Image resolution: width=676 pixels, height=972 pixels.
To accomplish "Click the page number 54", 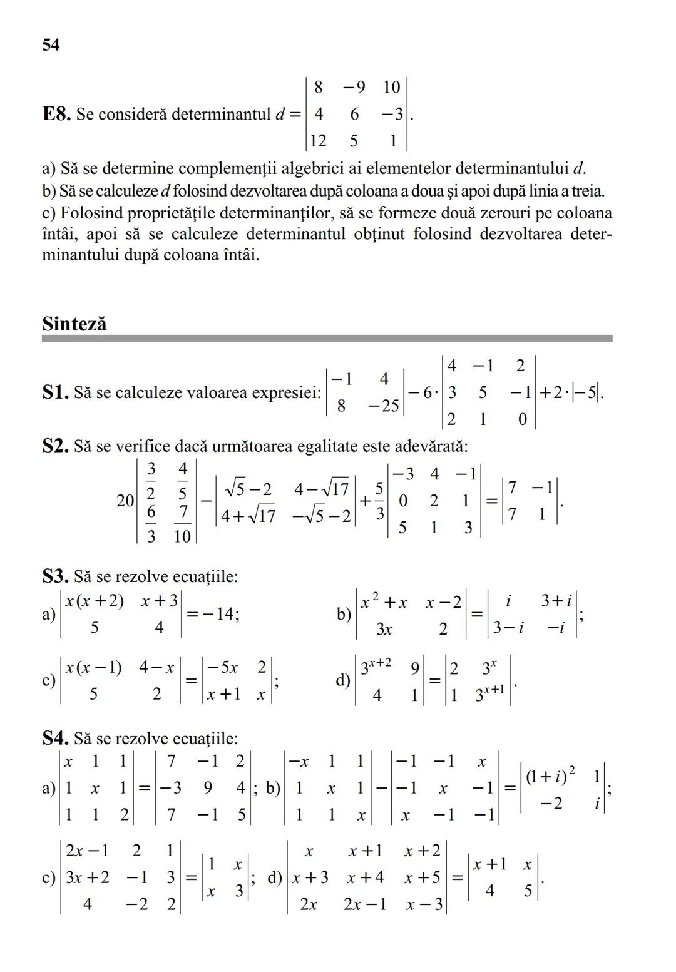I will pos(51,45).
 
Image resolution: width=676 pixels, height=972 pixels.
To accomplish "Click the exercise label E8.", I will pos(56,115).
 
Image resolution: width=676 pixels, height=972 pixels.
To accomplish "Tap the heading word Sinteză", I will pos(74,324).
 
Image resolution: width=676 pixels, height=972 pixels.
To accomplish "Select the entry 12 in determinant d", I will pos(318,141).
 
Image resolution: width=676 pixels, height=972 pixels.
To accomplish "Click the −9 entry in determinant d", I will pos(354,87).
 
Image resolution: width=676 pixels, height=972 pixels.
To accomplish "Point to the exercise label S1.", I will pos(55,393).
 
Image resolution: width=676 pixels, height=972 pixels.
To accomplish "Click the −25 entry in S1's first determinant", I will pos(383,406).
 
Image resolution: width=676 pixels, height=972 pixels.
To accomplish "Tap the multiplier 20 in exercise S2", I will pos(125,501).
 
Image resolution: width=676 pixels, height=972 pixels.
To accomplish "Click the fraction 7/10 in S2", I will pos(182,524).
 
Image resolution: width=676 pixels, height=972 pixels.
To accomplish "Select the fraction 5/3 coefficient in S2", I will pos(379,501).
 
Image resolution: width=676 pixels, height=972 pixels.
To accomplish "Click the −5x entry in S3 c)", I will pos(222,668).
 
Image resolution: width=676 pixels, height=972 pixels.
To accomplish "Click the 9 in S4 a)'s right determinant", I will pos(208,788).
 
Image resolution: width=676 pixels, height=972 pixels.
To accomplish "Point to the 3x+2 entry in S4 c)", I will pos(88,877).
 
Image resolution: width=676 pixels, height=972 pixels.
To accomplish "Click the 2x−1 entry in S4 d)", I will pos(364,904).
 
